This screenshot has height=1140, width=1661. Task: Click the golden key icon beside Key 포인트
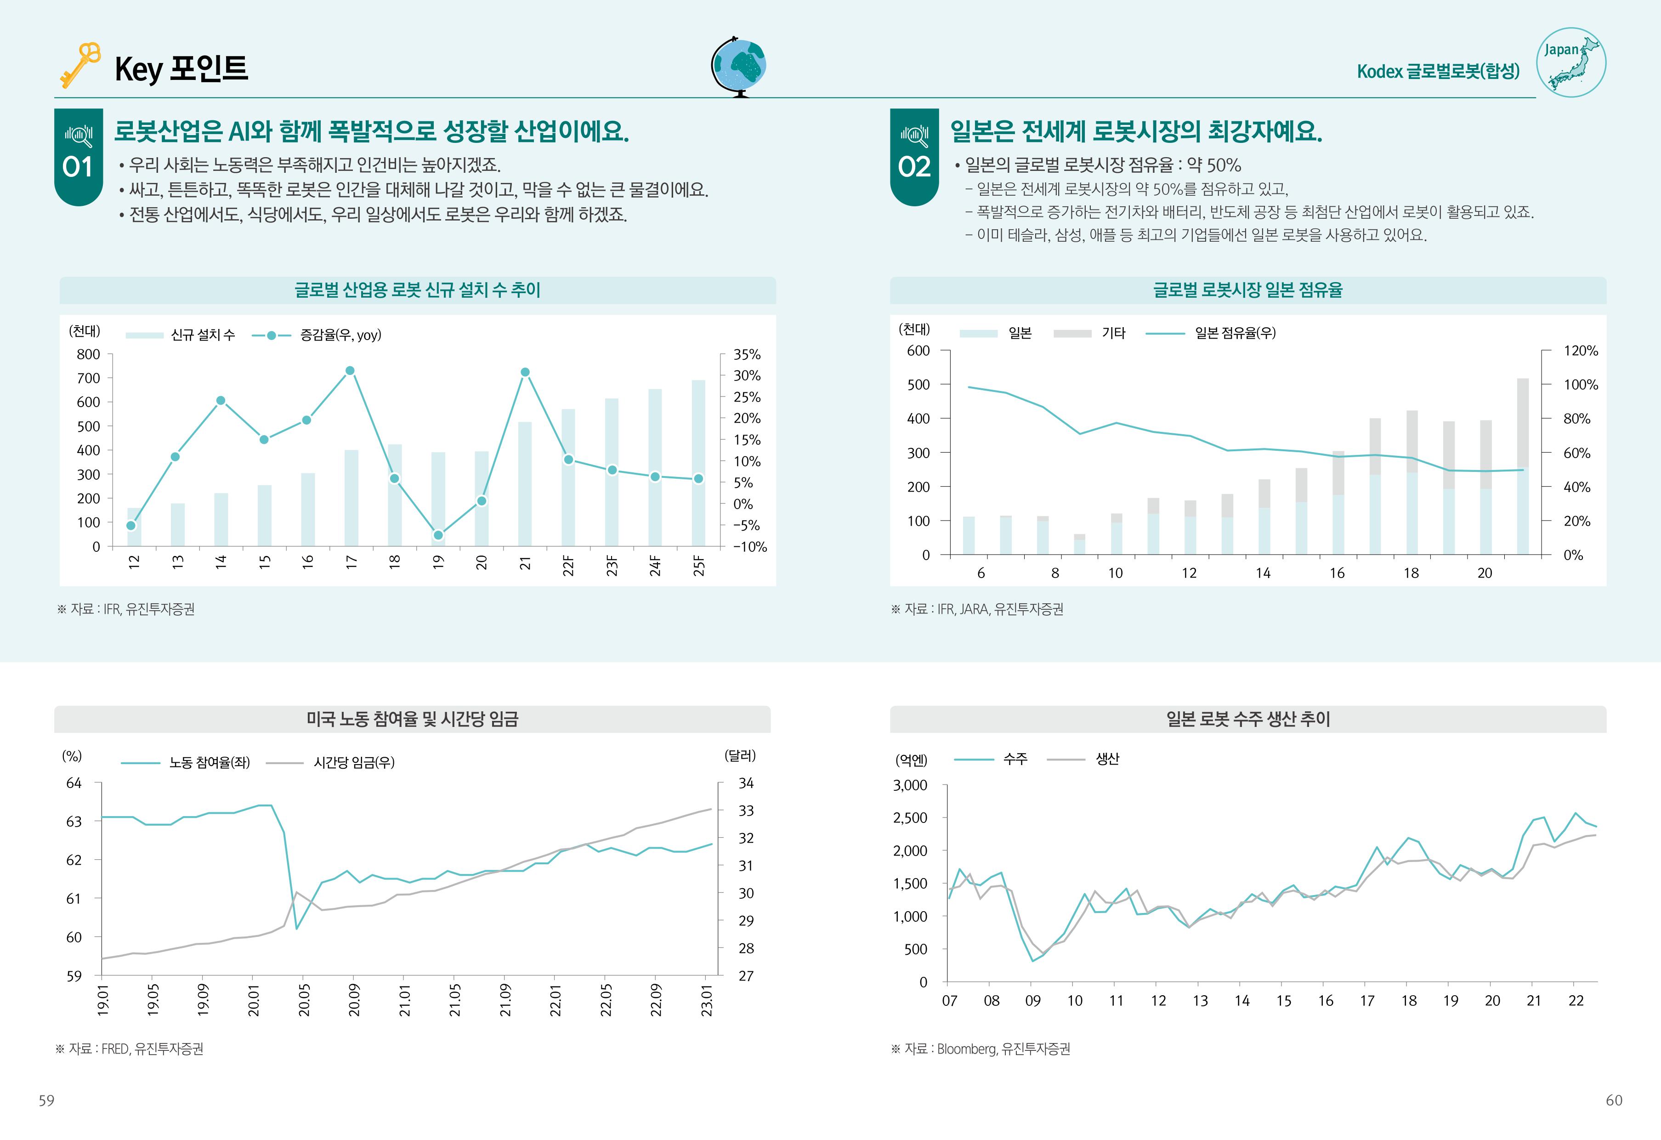coord(79,65)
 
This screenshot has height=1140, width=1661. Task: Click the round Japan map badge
coord(1571,63)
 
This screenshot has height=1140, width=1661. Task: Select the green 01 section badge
coord(78,157)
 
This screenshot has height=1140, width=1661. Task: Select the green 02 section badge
coord(913,157)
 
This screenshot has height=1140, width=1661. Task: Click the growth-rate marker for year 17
coord(350,371)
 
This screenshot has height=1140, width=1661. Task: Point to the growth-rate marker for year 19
coord(438,535)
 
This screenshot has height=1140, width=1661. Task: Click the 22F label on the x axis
coord(568,565)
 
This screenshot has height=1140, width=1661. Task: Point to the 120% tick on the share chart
coord(1580,351)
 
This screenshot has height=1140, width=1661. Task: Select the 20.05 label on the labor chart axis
coord(304,1000)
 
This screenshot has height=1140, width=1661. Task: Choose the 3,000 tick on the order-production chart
coord(910,785)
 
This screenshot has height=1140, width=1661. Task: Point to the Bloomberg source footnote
coord(981,1049)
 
